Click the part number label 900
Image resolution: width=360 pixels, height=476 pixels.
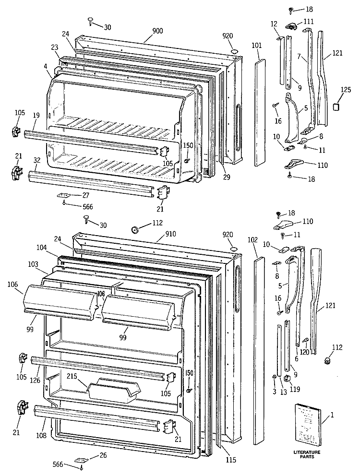click(157, 31)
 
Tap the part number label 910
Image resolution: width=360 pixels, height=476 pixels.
click(170, 234)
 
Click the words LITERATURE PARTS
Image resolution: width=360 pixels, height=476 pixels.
click(307, 454)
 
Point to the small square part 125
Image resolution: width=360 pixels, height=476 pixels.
click(336, 107)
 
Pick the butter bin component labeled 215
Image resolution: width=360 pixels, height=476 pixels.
click(114, 390)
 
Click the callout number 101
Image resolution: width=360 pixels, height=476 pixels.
click(257, 46)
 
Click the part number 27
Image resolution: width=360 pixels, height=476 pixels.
click(85, 195)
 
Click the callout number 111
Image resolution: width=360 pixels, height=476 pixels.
click(309, 22)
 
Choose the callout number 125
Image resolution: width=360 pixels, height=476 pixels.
click(346, 90)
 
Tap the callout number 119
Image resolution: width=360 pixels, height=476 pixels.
click(295, 389)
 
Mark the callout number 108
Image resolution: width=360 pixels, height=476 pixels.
click(41, 436)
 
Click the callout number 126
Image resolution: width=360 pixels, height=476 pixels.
click(35, 380)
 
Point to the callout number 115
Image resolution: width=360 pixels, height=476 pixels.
click(231, 460)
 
